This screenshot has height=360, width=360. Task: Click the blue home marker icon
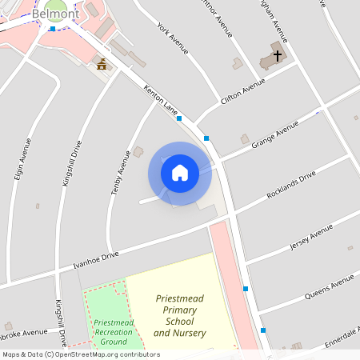point(180,173)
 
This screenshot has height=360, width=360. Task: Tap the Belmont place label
point(54,14)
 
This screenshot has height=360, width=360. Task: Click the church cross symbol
point(278,56)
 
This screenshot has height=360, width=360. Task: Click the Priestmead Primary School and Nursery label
point(180,315)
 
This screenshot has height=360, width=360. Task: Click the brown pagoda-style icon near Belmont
point(102,64)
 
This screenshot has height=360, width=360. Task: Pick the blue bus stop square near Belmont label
point(53,29)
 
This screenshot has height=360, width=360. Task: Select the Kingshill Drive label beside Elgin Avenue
point(71,164)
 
